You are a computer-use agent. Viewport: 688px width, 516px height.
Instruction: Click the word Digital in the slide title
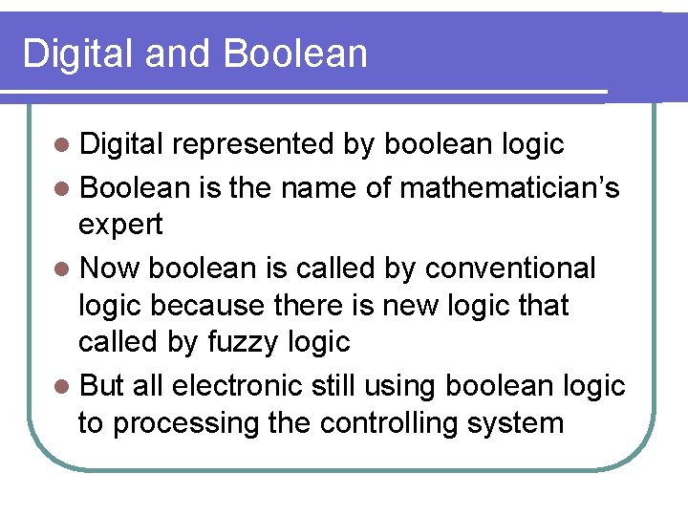click(76, 54)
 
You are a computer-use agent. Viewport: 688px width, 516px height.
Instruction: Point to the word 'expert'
click(120, 226)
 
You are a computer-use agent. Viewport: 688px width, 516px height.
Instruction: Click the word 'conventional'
click(510, 269)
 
